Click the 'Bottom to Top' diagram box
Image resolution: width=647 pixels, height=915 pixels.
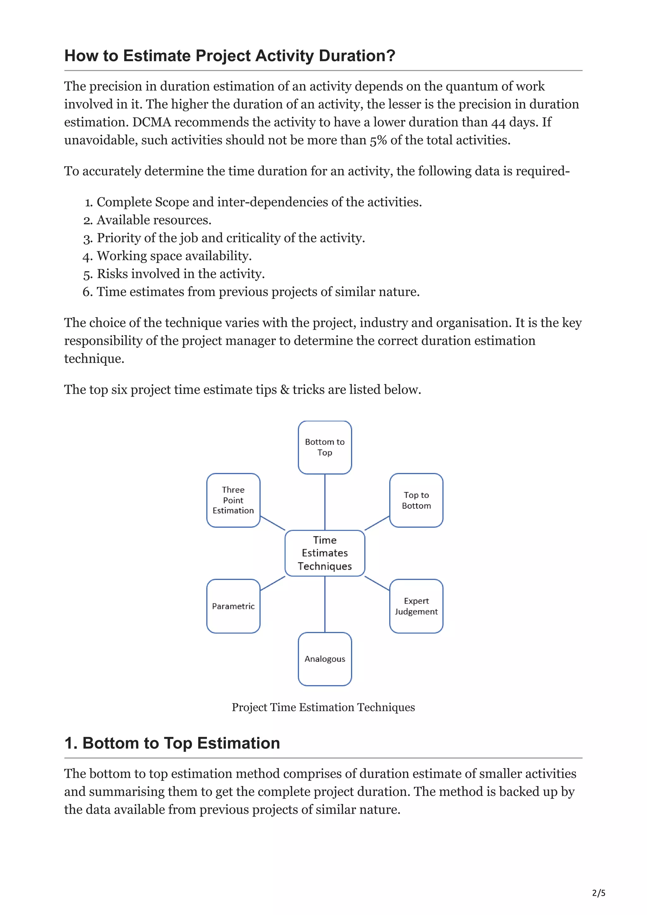[324, 447]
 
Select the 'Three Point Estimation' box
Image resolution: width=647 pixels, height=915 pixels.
[233, 500]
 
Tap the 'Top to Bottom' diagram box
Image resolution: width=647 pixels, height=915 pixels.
[416, 500]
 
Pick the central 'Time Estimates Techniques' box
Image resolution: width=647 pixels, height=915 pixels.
[324, 553]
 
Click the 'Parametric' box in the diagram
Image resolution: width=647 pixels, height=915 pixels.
[233, 606]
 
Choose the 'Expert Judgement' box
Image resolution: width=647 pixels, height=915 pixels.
[416, 606]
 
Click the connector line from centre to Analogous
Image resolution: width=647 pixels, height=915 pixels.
[325, 604]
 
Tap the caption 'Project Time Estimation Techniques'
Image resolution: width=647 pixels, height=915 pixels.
[323, 707]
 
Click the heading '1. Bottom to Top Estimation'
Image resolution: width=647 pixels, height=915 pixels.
[172, 743]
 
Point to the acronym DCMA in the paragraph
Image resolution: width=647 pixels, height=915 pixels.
[152, 122]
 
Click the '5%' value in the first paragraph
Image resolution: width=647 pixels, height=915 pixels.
[378, 140]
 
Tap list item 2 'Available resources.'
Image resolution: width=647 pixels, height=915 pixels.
[154, 220]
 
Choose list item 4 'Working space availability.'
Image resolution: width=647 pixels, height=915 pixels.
[174, 256]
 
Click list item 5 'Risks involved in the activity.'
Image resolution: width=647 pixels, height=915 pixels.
[181, 274]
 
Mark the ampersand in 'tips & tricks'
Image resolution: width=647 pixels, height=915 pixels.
[285, 389]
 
